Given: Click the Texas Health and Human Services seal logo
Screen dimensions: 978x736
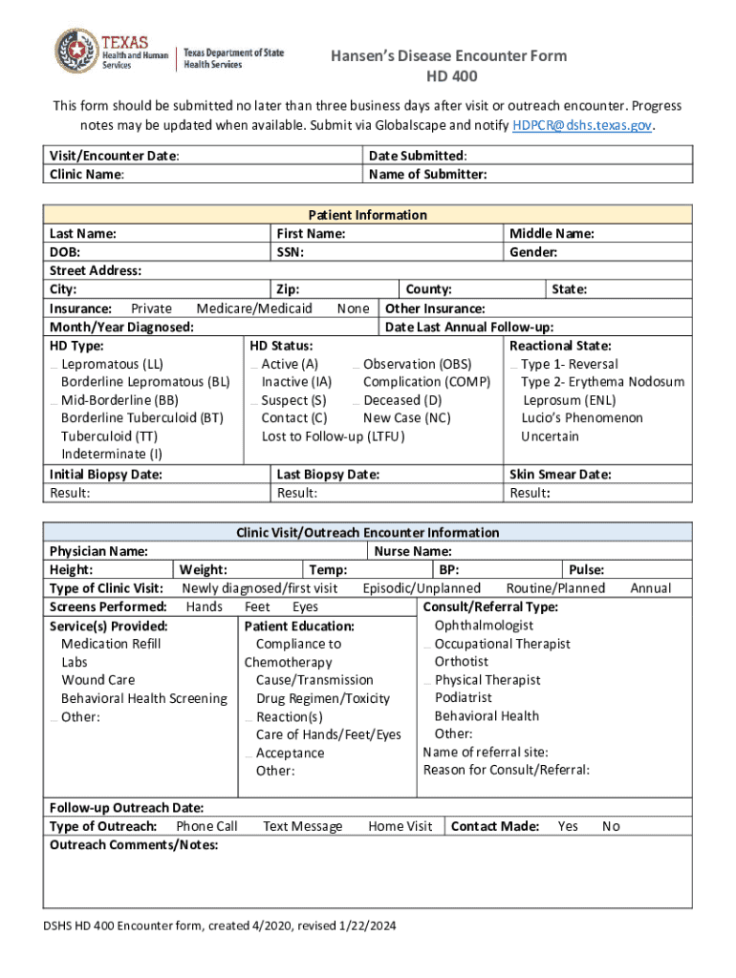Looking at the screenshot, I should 72,47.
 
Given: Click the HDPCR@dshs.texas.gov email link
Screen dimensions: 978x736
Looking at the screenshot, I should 583,125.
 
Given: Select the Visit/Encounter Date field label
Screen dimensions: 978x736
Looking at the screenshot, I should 114,156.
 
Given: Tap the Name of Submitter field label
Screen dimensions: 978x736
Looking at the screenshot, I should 427,174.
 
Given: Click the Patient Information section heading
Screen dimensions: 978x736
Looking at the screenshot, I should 367,215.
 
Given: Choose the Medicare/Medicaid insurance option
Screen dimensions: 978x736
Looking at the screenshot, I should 253,308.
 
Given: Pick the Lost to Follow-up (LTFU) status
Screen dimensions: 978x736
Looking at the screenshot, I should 333,436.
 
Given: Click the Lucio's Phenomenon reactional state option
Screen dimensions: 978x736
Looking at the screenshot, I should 581,417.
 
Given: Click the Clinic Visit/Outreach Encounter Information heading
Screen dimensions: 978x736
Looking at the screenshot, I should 367,532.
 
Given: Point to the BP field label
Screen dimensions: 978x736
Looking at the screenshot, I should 448,569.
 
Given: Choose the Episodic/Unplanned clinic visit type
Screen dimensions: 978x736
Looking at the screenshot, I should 422,588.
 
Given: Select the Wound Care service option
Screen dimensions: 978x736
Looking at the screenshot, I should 97,680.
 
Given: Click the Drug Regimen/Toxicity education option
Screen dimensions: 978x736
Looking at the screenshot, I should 322,698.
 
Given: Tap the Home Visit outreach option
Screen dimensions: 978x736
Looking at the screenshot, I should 400,826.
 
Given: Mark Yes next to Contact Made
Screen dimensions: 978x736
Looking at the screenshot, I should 568,826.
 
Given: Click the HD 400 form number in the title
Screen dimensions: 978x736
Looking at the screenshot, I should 449,76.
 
